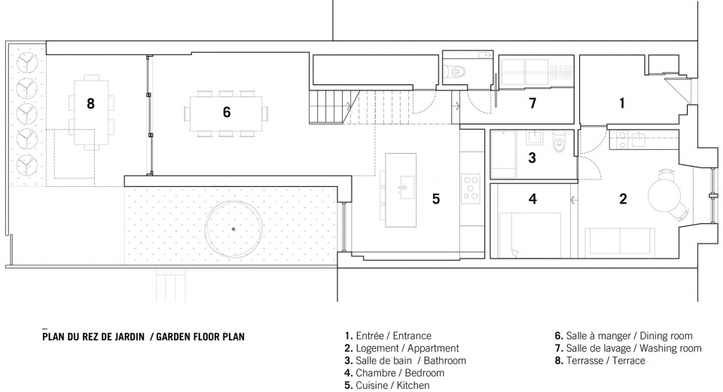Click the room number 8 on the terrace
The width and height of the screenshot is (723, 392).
(x=90, y=103)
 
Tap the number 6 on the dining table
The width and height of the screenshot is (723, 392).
(x=227, y=112)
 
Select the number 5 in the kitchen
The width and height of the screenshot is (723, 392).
(x=436, y=198)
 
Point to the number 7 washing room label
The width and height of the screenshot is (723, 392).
(x=532, y=103)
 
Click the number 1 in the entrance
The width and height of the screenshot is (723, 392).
(x=621, y=103)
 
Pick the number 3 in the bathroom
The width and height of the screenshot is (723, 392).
(x=532, y=158)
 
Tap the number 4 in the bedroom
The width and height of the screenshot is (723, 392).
(x=532, y=199)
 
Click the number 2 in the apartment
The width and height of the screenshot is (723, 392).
(x=623, y=199)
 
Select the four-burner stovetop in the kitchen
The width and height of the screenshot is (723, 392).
(x=471, y=189)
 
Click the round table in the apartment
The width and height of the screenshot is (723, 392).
(x=664, y=194)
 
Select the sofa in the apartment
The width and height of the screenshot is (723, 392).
(x=620, y=243)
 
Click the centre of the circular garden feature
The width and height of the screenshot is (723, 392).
(x=233, y=229)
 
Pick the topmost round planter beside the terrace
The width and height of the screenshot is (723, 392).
(x=27, y=63)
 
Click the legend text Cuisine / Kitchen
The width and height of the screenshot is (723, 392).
(x=392, y=385)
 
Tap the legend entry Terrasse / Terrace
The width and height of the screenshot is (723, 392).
(x=606, y=360)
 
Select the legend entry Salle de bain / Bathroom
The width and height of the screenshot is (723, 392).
(x=410, y=360)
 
